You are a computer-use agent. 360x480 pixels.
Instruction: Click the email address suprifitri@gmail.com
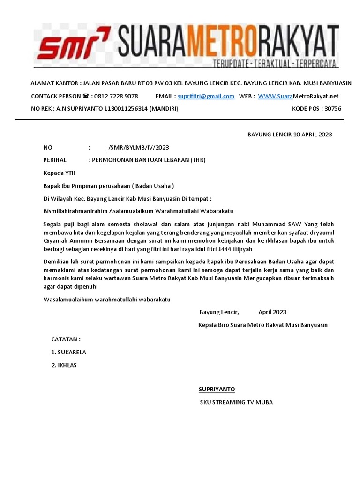[x=206, y=96]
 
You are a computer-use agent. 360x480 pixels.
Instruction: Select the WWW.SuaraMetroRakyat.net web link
[x=298, y=96]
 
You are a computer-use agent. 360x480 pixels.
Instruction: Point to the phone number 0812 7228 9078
[x=116, y=96]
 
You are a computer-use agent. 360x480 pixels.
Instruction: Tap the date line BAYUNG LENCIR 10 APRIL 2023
[x=290, y=135]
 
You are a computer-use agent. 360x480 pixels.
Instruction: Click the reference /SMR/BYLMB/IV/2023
[x=138, y=147]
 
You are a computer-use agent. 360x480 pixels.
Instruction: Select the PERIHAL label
[x=55, y=160]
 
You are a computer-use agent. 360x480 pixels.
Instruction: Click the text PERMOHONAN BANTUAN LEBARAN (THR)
[x=149, y=160]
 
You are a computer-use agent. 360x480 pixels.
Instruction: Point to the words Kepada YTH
[x=59, y=172]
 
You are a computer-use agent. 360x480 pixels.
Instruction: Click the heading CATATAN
[x=66, y=339]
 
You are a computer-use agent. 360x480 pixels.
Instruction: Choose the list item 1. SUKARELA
[x=68, y=352]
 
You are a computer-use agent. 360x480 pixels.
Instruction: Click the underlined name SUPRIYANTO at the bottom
[x=217, y=390]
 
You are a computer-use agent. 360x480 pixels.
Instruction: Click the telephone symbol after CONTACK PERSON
[x=85, y=96]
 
